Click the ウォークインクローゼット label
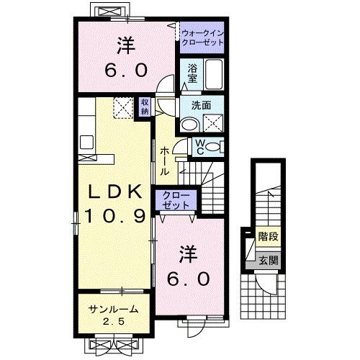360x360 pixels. (x=202, y=38)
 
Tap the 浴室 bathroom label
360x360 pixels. (x=193, y=73)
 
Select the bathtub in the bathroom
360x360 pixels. (x=214, y=74)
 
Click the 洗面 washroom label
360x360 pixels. (x=201, y=105)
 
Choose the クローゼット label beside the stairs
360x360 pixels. (x=173, y=201)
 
